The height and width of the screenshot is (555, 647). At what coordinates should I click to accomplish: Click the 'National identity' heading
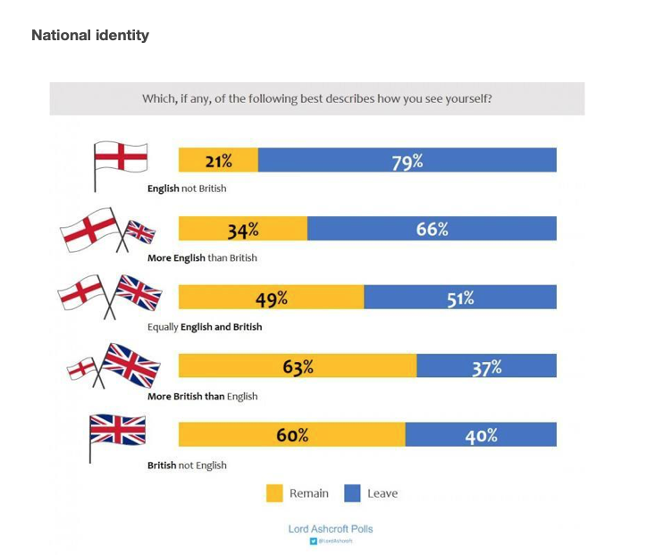pyautogui.click(x=90, y=36)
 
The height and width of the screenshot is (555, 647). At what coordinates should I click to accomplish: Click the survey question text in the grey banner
pyautogui.click(x=317, y=98)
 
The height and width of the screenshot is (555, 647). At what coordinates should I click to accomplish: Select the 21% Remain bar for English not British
pyautogui.click(x=218, y=161)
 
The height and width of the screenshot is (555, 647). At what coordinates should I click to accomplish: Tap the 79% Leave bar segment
pyautogui.click(x=408, y=161)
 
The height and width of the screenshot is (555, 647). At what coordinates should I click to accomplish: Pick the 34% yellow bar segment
pyautogui.click(x=243, y=229)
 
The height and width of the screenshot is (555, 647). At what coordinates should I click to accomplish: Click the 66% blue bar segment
pyautogui.click(x=432, y=229)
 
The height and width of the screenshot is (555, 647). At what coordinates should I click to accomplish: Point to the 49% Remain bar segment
pyautogui.click(x=271, y=298)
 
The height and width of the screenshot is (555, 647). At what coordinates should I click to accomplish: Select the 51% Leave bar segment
pyautogui.click(x=460, y=298)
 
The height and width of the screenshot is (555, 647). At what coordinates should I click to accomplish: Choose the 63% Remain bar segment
pyautogui.click(x=298, y=366)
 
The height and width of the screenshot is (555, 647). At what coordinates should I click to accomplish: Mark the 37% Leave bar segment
pyautogui.click(x=486, y=366)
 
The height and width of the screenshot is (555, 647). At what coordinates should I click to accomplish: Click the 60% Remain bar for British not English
pyautogui.click(x=291, y=435)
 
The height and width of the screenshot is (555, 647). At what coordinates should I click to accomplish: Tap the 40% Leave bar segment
pyautogui.click(x=481, y=435)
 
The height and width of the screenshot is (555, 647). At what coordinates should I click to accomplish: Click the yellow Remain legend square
pyautogui.click(x=275, y=493)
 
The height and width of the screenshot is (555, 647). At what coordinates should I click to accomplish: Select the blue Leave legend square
pyautogui.click(x=352, y=493)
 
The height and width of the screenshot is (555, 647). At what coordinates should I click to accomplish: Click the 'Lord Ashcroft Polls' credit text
pyautogui.click(x=331, y=529)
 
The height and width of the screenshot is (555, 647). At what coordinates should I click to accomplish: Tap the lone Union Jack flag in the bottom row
pyautogui.click(x=117, y=430)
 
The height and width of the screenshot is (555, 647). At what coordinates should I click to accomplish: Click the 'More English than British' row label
pyautogui.click(x=202, y=257)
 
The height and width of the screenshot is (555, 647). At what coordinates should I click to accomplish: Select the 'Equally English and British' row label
pyautogui.click(x=205, y=326)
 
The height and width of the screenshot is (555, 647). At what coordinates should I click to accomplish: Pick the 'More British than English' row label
pyautogui.click(x=202, y=396)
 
